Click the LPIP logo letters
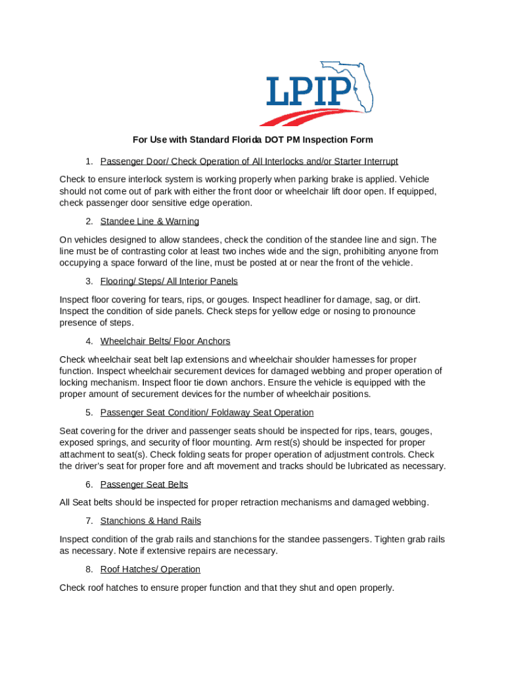pyautogui.click(x=309, y=91)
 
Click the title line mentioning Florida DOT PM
pyautogui.click(x=253, y=140)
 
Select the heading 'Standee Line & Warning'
pyautogui.click(x=150, y=221)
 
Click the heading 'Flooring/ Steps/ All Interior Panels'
pyautogui.click(x=169, y=281)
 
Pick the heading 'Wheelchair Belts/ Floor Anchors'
pyautogui.click(x=165, y=341)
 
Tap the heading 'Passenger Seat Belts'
pyautogui.click(x=144, y=484)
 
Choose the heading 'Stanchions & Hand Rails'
pyautogui.click(x=150, y=521)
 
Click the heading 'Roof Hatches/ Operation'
pyautogui.click(x=150, y=569)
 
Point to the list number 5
pyautogui.click(x=88, y=413)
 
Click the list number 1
pyautogui.click(x=88, y=162)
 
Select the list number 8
pyautogui.click(x=88, y=569)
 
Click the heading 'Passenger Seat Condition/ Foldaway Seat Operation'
pyautogui.click(x=207, y=413)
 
